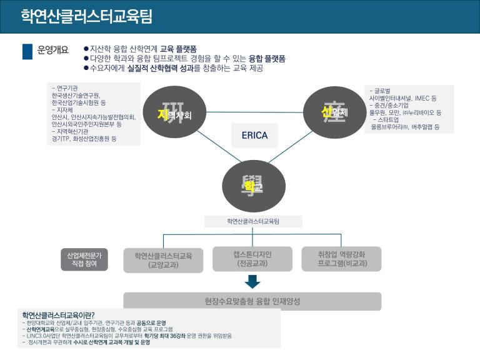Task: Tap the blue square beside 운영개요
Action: [x=27, y=51]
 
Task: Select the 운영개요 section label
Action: [x=53, y=51]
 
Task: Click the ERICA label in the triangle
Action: [x=254, y=135]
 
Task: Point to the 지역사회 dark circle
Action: [x=174, y=113]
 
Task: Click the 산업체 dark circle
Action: [x=334, y=112]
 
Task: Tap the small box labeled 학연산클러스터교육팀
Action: [x=253, y=221]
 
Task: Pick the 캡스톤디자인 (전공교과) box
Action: [x=252, y=259]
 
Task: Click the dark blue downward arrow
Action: [x=252, y=281]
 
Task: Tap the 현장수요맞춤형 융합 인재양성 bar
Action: [x=252, y=301]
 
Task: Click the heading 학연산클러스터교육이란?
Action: [x=62, y=314]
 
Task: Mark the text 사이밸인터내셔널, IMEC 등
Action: [x=403, y=98]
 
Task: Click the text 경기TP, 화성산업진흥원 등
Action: [x=84, y=139]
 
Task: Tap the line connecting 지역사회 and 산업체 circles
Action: [x=254, y=112]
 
